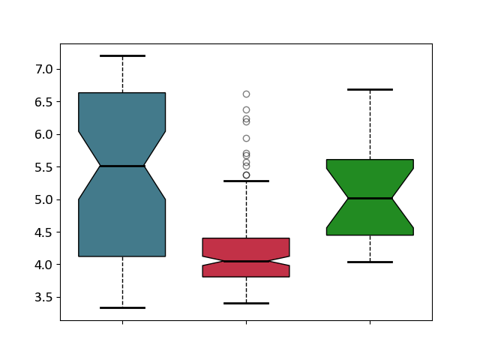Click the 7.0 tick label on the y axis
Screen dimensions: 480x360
coord(43,70)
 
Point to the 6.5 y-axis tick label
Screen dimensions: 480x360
coord(43,102)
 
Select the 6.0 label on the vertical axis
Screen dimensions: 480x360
coord(43,135)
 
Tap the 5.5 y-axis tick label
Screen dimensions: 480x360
coord(43,167)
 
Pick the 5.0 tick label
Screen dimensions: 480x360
coord(43,200)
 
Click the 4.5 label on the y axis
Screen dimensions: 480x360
coord(43,232)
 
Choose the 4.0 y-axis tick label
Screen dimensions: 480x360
coord(43,265)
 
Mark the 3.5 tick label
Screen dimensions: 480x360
coord(43,298)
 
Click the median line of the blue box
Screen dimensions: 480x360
coord(122,166)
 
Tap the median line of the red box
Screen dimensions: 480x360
coord(247,262)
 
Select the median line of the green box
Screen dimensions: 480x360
coord(370,198)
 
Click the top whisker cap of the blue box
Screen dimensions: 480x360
coord(122,55)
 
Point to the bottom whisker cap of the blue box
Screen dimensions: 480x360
coord(122,307)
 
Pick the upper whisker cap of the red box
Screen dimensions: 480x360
coord(247,181)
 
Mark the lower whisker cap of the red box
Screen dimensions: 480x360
coord(247,303)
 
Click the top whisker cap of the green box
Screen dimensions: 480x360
coord(370,90)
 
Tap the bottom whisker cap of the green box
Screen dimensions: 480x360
coord(370,262)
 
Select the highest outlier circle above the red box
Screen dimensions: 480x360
coord(247,94)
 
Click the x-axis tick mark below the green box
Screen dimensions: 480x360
coord(370,322)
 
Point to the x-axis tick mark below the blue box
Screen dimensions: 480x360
coord(123,322)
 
